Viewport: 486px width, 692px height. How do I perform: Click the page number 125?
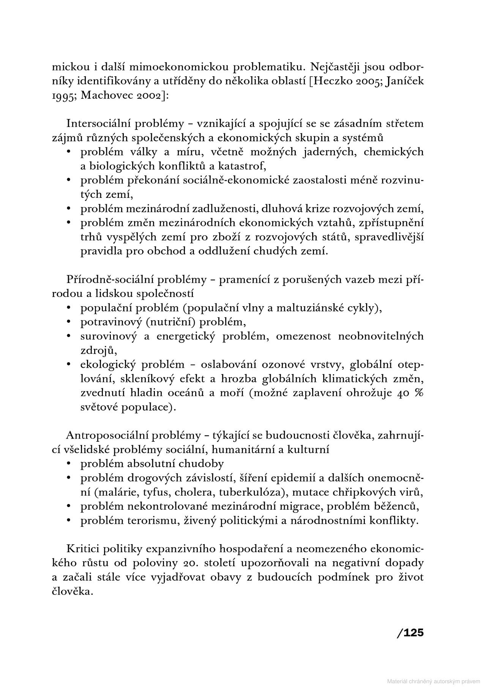point(410,633)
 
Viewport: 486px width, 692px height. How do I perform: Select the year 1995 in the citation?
point(63,95)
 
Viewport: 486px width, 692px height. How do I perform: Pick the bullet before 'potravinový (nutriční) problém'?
point(69,322)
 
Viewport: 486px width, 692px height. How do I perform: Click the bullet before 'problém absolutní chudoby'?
point(69,464)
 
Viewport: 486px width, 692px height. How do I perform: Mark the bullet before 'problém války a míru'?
point(69,152)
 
